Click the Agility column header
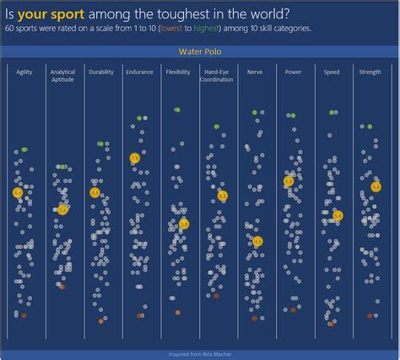click(24, 73)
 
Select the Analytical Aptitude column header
click(62, 76)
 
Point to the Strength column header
click(370, 73)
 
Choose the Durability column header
click(100, 73)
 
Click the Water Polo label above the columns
click(199, 52)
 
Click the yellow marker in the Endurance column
click(134, 159)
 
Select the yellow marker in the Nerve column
click(257, 242)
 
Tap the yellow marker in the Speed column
click(337, 216)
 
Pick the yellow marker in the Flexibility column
click(184, 224)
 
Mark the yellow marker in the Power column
click(289, 181)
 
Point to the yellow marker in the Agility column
click(18, 193)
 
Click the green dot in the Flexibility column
click(176, 110)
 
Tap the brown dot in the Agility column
click(24, 315)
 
